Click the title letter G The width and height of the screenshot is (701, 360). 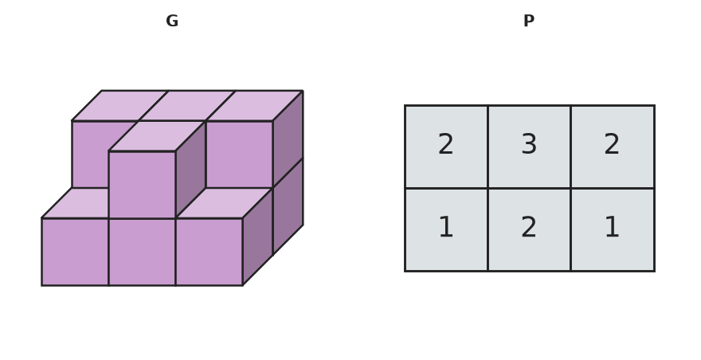(172, 21)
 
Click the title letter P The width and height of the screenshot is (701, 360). (529, 21)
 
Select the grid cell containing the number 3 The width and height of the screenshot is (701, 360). (529, 147)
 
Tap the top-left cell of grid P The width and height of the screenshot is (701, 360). (446, 147)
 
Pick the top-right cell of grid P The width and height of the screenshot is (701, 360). (613, 147)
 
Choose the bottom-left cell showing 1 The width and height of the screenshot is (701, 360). (446, 230)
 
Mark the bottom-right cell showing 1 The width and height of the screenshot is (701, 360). (613, 230)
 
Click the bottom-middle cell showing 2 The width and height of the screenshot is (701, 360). (529, 230)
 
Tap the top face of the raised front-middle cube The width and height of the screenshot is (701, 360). (157, 136)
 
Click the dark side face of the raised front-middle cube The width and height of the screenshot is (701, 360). (190, 170)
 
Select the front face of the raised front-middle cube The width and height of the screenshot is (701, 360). (142, 185)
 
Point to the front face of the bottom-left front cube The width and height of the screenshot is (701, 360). (75, 252)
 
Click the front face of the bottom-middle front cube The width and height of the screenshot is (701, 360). (142, 252)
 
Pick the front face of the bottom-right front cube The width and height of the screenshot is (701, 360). (210, 252)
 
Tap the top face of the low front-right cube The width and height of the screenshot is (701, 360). (224, 203)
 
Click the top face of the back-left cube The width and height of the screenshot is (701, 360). (119, 106)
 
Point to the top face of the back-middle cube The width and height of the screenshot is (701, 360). (187, 106)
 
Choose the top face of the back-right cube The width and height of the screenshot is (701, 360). (254, 106)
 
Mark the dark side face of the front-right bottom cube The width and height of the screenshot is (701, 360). (257, 237)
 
